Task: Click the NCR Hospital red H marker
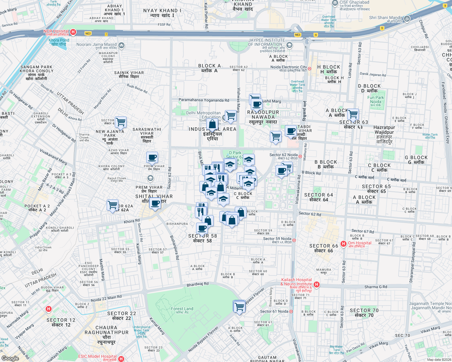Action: pos(73,32)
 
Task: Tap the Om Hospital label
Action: pos(360,243)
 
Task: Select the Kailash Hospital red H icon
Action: pos(316,284)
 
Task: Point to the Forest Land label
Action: pos(182,309)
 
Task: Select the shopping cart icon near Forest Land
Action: pos(239,307)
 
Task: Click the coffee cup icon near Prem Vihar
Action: pos(152,157)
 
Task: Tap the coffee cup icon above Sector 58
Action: pos(202,228)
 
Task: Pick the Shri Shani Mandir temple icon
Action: pos(407,18)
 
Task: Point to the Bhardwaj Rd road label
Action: pos(198,284)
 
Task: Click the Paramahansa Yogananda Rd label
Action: pos(204,100)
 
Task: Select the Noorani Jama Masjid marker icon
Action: pos(121,46)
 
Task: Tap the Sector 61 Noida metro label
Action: pos(274,311)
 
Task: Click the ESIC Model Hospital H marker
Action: pos(121,359)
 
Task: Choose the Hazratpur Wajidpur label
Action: pos(384,130)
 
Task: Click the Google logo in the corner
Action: pos(10,358)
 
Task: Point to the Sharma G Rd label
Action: pos(376,287)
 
